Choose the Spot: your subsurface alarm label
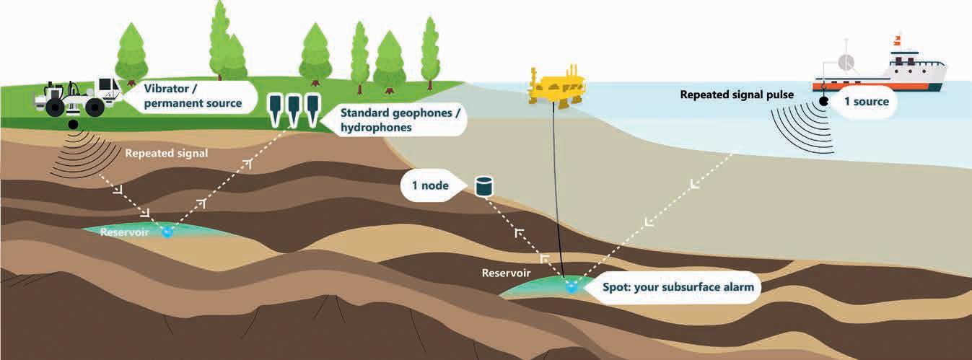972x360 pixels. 678,287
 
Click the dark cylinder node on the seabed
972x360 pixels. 483,186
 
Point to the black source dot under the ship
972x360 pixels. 823,102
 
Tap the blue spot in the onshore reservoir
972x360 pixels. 167,232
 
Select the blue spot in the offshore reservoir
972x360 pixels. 572,288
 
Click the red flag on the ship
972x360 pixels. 899,37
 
